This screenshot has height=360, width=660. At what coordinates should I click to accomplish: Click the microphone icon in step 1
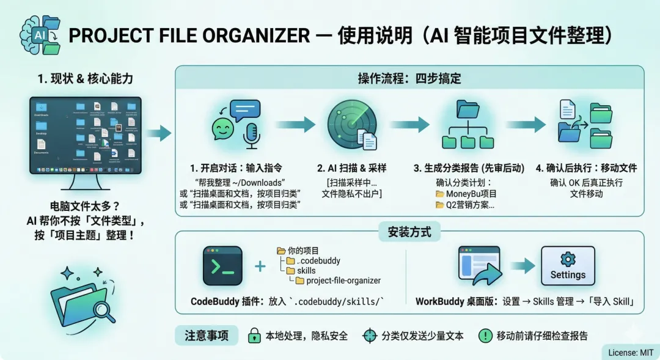coord(251,135)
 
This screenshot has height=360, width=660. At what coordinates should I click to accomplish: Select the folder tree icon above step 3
coord(467,125)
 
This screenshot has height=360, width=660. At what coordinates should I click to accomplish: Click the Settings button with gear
coord(568,266)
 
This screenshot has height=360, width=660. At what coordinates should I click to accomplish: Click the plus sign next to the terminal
coord(260,266)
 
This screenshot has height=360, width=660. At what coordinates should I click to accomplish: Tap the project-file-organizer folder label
coord(343,281)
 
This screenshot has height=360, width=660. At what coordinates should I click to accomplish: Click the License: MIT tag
coord(630,352)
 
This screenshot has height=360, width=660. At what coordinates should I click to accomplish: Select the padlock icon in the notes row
coord(254,336)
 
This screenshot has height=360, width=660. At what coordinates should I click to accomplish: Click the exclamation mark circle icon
coord(486,336)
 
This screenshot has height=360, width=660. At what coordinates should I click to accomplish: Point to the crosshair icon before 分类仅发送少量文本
coord(370,336)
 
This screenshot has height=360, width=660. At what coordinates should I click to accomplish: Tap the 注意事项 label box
coord(207,336)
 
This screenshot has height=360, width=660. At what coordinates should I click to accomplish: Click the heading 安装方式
coord(409,232)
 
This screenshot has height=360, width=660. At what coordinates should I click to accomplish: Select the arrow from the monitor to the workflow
coord(159,133)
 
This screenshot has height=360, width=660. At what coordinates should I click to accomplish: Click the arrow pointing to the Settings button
coord(522,266)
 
